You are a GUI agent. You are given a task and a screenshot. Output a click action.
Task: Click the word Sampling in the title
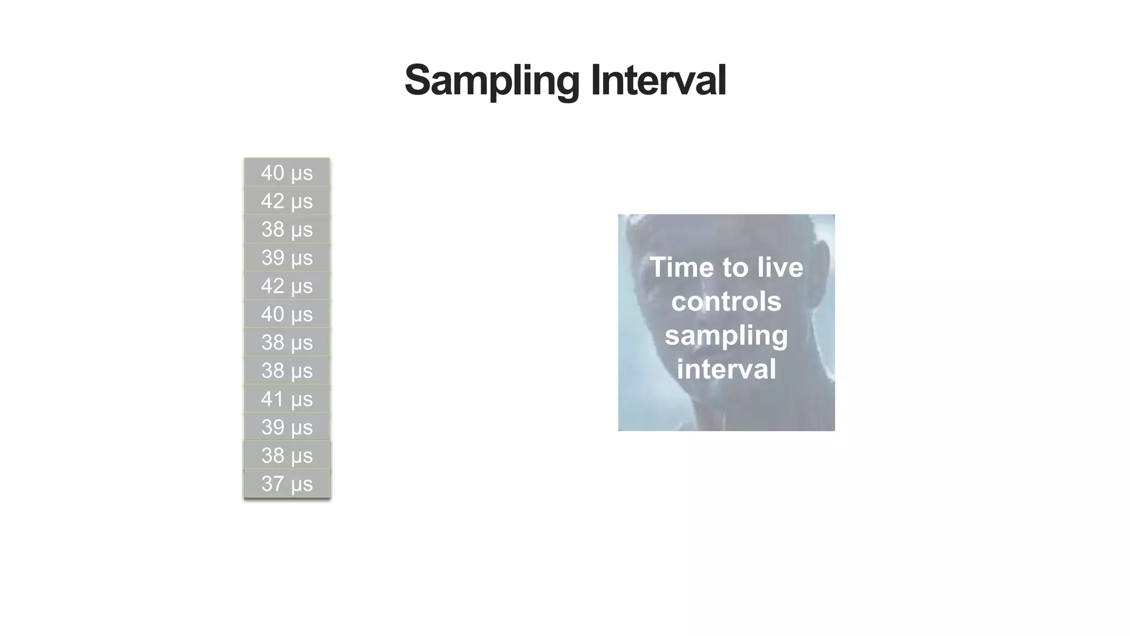(x=491, y=81)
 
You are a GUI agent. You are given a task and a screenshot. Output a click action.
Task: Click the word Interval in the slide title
(x=658, y=81)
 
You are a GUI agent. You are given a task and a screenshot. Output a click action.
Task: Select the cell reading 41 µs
(x=287, y=399)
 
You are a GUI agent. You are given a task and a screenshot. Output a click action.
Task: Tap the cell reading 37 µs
(x=287, y=484)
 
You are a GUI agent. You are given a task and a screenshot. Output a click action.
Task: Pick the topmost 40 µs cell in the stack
(x=287, y=173)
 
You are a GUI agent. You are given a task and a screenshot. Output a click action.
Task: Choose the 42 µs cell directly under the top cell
(x=287, y=201)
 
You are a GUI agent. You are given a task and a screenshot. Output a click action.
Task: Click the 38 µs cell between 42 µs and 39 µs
(x=287, y=229)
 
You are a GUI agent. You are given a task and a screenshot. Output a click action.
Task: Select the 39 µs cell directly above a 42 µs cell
(x=287, y=257)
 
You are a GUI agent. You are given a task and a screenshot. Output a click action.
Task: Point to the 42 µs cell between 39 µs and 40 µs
(x=287, y=286)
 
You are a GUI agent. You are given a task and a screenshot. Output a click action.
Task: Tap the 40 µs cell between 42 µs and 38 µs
(x=287, y=314)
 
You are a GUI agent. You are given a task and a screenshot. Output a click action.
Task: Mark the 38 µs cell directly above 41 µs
(x=287, y=370)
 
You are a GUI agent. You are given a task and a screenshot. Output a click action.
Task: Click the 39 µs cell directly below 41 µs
(x=287, y=427)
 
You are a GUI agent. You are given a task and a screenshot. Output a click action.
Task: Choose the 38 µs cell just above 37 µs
(x=287, y=455)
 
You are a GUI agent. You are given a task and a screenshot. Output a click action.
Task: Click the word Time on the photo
(x=681, y=268)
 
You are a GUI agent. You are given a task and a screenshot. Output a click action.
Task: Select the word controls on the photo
(x=726, y=301)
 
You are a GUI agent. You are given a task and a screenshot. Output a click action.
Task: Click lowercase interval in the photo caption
(x=726, y=369)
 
